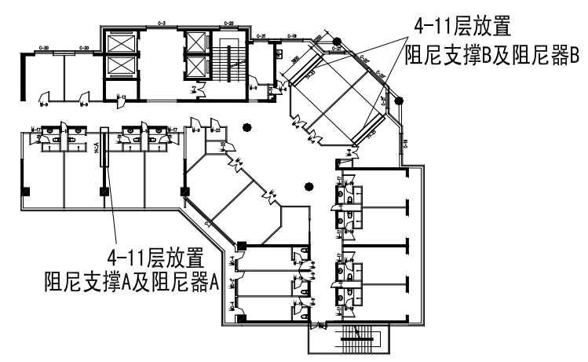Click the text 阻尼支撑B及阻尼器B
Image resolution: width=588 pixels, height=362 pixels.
[x=490, y=57]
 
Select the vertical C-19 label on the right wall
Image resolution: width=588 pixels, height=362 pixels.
[x=406, y=144]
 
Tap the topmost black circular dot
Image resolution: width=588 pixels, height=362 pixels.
[x=337, y=42]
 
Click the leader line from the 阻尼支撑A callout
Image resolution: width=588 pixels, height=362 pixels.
[x=113, y=220]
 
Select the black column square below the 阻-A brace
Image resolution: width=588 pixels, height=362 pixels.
[x=103, y=191]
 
